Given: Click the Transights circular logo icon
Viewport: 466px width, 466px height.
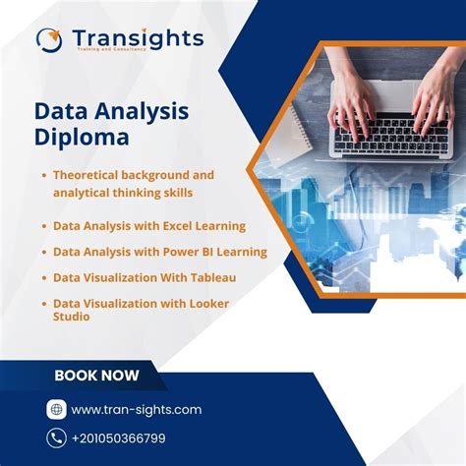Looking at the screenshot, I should pyautogui.click(x=49, y=39).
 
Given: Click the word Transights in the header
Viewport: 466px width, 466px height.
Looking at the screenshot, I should pyautogui.click(x=138, y=37).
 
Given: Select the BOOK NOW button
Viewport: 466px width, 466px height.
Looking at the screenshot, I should pyautogui.click(x=96, y=375).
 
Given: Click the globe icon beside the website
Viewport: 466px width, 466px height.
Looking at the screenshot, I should pyautogui.click(x=56, y=409).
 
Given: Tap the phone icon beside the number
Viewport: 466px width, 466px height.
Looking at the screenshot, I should pyautogui.click(x=56, y=437).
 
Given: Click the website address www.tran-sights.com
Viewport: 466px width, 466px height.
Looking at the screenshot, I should pyautogui.click(x=136, y=409).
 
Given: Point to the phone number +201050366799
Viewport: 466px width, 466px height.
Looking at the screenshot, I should pyautogui.click(x=133, y=438).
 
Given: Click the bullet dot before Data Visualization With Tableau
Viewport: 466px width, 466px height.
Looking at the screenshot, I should pyautogui.click(x=44, y=278).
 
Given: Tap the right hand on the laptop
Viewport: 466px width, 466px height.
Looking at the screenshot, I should pyautogui.click(x=433, y=93).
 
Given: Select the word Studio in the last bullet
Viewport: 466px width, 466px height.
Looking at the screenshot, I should pyautogui.click(x=72, y=317).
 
